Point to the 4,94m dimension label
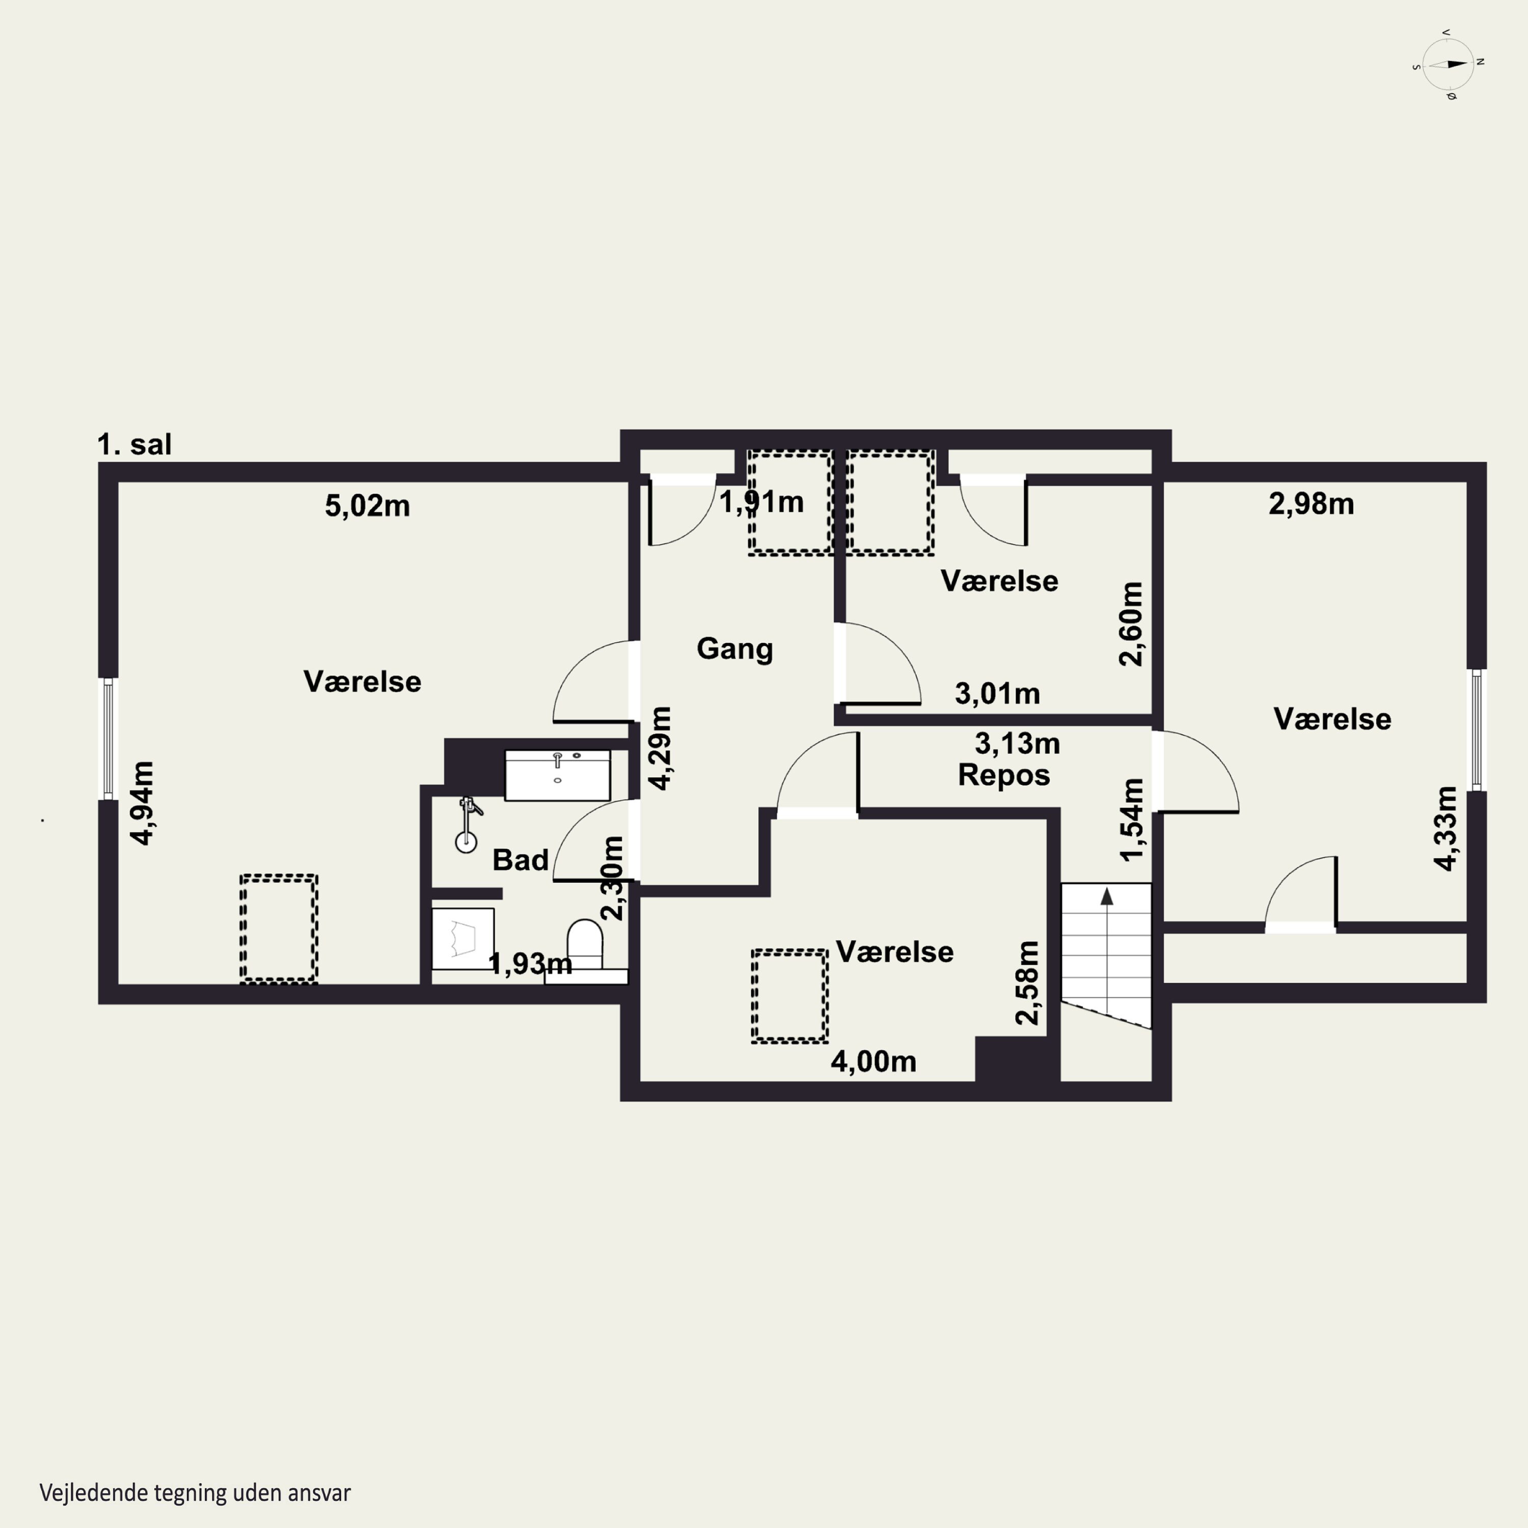[143, 803]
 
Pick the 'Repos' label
[1003, 776]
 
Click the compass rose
[1448, 65]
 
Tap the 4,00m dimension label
[873, 1061]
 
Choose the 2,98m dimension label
[1312, 504]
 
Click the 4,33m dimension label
[1446, 829]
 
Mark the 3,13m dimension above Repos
[1017, 744]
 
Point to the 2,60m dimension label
[1131, 624]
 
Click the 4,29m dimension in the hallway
[661, 748]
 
